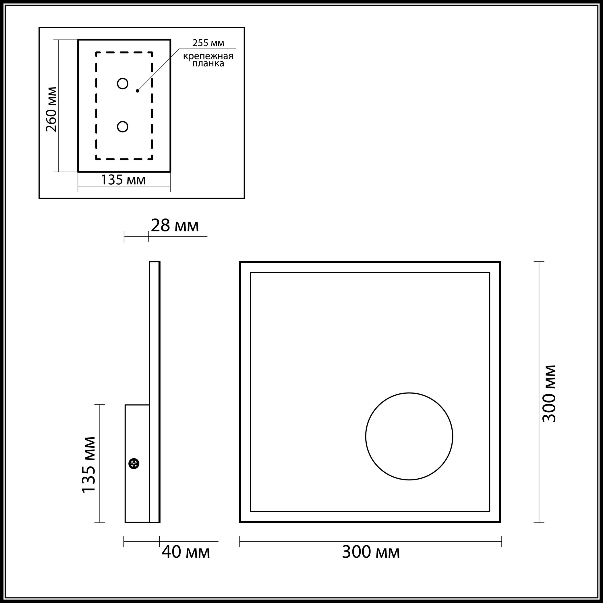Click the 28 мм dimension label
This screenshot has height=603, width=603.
175,225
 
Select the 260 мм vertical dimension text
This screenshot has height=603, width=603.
51,109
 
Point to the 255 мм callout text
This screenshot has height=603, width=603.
208,43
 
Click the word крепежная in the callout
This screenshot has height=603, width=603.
208,56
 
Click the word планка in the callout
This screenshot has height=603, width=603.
208,64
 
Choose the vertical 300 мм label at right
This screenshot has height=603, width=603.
549,393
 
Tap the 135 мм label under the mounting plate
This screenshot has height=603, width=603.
123,180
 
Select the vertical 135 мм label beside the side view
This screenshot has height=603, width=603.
88,465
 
